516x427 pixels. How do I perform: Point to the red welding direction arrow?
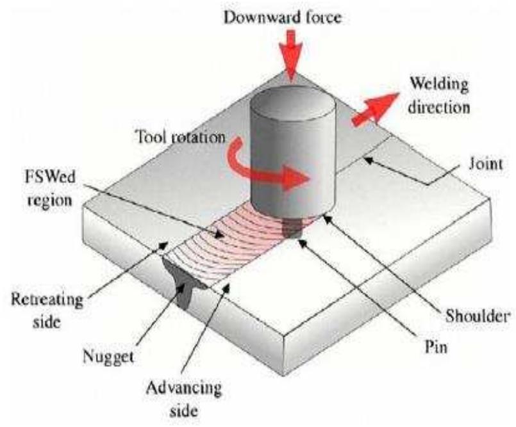[x=372, y=110]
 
